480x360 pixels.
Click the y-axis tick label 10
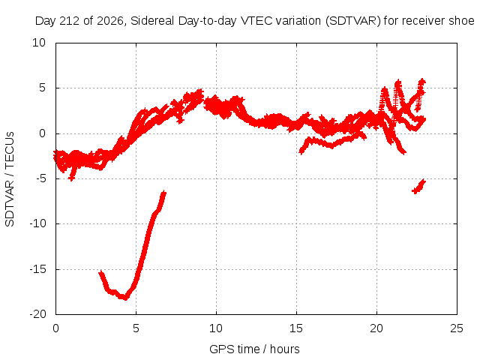pyautogui.click(x=39, y=43)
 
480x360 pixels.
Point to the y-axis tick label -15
pyautogui.click(x=37, y=269)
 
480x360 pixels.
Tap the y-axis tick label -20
pyautogui.click(x=37, y=314)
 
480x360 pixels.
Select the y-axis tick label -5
pyautogui.click(x=40, y=178)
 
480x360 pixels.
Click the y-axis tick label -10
pyautogui.click(x=37, y=223)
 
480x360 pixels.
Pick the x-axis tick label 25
pyautogui.click(x=457, y=328)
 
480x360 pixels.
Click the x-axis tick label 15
pyautogui.click(x=296, y=328)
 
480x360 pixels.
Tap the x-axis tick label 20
pyautogui.click(x=376, y=328)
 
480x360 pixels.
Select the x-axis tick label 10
pyautogui.click(x=216, y=328)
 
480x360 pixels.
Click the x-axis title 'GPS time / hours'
pyautogui.click(x=254, y=349)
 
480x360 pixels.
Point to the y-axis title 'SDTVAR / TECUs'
pyautogui.click(x=10, y=179)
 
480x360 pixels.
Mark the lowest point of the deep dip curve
pyautogui.click(x=125, y=298)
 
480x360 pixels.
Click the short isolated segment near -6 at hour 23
pyautogui.click(x=419, y=187)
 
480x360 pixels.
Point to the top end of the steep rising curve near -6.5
pyautogui.click(x=164, y=193)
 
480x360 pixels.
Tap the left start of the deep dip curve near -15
pyautogui.click(x=100, y=272)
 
